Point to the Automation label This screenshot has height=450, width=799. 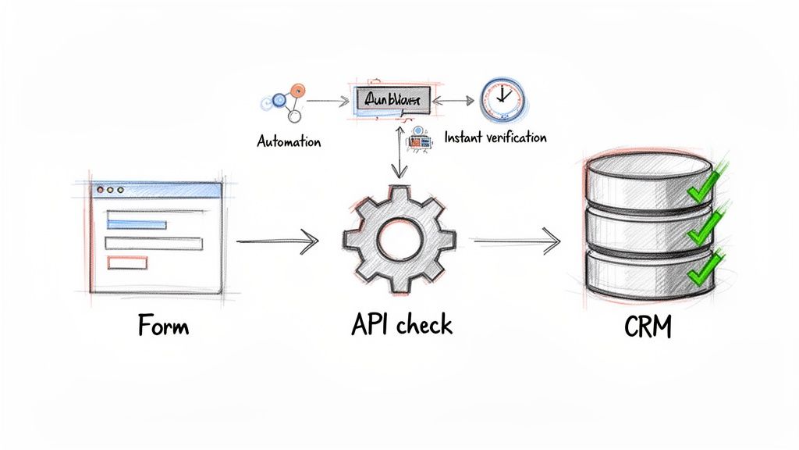click(289, 142)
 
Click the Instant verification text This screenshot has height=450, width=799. click(495, 137)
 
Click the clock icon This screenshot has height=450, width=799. click(502, 98)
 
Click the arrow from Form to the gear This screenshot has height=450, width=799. click(277, 242)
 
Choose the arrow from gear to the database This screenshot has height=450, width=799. click(517, 242)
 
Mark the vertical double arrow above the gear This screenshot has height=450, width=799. click(400, 155)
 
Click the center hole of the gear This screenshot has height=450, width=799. click(399, 238)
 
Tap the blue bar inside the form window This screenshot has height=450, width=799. click(136, 224)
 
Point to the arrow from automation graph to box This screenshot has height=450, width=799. click(327, 101)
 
